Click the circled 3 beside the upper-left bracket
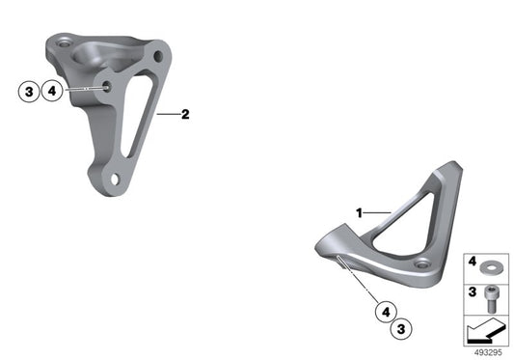coord(29,92)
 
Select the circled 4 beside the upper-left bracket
coord(52,91)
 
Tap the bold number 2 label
coord(185,114)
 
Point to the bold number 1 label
coord(360,213)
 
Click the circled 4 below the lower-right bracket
coord(386,312)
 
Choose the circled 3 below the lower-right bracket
coord(401,328)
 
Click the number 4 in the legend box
coord(472,262)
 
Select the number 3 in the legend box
coord(472,291)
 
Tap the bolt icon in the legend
coord(492,298)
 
